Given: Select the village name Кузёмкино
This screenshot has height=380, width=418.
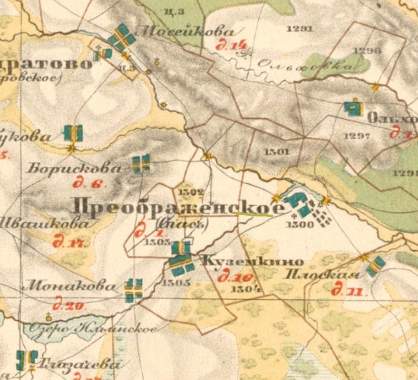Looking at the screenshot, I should point(253,262).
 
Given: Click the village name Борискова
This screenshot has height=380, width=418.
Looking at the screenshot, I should point(74,168).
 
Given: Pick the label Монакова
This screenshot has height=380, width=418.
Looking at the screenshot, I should point(69,286).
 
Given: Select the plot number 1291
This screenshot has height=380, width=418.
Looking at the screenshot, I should point(300,28).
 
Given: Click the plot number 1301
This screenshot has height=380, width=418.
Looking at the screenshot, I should point(276,152).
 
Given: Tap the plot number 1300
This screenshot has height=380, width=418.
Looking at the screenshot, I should point(301,224).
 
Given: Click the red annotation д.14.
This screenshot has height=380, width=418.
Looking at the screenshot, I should point(232,46).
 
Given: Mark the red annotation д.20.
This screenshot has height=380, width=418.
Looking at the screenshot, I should point(69,305).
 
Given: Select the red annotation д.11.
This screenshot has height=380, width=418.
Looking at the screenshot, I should point(344,290).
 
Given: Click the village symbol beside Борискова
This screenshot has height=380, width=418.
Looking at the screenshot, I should point(141,163).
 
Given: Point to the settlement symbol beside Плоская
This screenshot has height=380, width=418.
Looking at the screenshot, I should point(376,266).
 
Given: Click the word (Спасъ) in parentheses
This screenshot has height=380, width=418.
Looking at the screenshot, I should point(182,222).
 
